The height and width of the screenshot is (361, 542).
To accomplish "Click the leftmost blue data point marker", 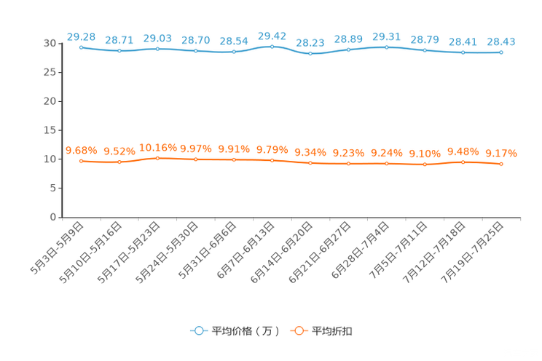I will [81, 47].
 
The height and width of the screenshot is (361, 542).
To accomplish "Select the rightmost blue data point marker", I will [501, 52].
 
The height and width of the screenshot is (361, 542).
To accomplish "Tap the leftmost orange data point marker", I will [81, 161].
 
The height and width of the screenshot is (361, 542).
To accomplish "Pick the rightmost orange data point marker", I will [501, 164].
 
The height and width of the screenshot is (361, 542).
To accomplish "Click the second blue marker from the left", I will [119, 51].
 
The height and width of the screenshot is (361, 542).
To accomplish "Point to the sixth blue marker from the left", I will [272, 47].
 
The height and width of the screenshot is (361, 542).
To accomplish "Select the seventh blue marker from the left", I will [310, 54].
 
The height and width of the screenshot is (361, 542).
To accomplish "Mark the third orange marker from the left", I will [157, 157].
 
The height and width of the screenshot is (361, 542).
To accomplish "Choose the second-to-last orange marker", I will [463, 162].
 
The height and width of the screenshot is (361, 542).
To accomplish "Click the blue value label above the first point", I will [81, 35].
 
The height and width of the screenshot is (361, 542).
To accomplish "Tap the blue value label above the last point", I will [501, 41].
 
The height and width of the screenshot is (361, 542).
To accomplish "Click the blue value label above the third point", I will [157, 37].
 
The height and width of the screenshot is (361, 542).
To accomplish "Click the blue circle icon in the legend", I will [198, 331].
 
